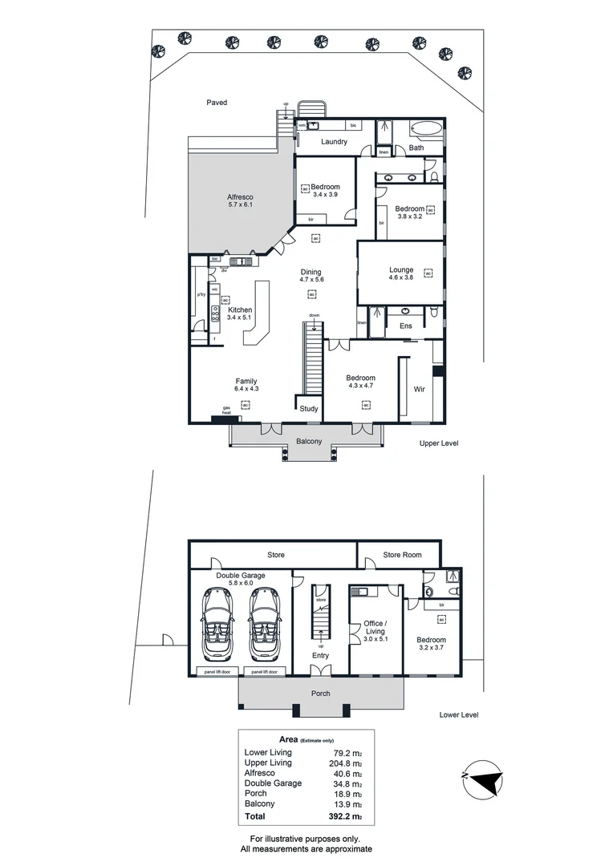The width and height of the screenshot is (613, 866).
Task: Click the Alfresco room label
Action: pyautogui.click(x=240, y=200)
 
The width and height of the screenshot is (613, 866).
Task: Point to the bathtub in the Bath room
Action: pyautogui.click(x=425, y=128)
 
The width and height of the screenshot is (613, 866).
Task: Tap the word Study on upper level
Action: pyautogui.click(x=309, y=409)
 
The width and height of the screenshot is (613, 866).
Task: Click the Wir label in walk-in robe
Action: pyautogui.click(x=419, y=389)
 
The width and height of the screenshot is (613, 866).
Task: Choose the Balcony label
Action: pyautogui.click(x=309, y=442)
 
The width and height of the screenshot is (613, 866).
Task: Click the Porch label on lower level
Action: pyautogui.click(x=320, y=694)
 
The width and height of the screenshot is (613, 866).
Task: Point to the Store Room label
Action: pyautogui.click(x=401, y=554)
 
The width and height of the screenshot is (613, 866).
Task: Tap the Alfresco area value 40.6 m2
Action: pyautogui.click(x=347, y=774)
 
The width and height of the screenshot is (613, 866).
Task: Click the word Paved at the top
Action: pyautogui.click(x=217, y=103)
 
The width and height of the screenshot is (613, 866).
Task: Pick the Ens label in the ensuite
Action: pyautogui.click(x=405, y=326)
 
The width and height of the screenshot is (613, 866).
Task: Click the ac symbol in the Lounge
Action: pyautogui.click(x=428, y=274)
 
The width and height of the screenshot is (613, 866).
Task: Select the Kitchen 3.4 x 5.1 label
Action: pyautogui.click(x=240, y=314)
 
